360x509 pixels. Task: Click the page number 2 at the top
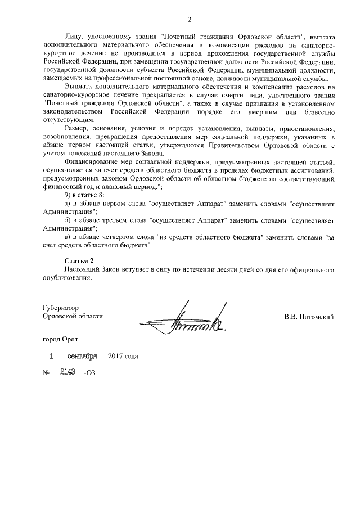[x=190, y=21]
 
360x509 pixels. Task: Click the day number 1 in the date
[x=52, y=356]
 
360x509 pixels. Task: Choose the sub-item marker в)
[x=69, y=237]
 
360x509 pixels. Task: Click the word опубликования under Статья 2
[x=66, y=278]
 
